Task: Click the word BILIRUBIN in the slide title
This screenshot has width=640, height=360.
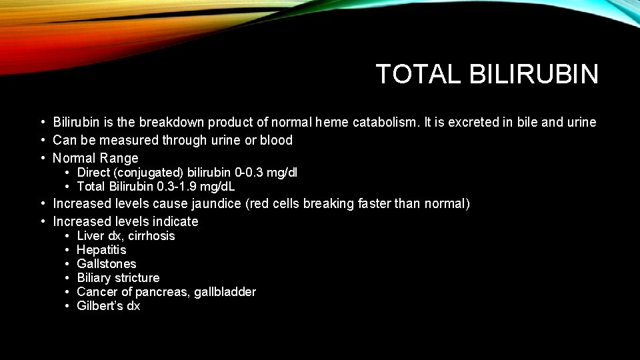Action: (533, 74)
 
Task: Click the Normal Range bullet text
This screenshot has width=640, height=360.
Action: (95, 158)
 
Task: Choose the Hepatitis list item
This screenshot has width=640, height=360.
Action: (101, 250)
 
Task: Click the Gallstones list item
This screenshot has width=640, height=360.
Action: (107, 264)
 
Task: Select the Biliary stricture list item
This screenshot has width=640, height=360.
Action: (118, 278)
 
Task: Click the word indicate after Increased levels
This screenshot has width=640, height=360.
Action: (175, 221)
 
